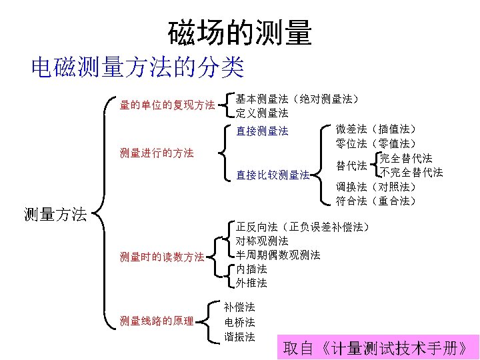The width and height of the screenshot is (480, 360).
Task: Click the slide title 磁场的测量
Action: [x=239, y=32]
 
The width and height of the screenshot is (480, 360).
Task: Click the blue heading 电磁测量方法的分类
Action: [x=137, y=67]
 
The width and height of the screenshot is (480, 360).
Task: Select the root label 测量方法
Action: [x=55, y=215]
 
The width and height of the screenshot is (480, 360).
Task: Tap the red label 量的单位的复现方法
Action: [x=167, y=105]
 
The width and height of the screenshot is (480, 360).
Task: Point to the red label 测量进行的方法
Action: [x=157, y=153]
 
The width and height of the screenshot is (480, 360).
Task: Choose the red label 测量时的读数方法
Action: [x=162, y=257]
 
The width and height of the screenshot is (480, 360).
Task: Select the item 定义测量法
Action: [x=262, y=113]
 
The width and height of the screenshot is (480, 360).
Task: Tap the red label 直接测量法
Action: [x=262, y=131]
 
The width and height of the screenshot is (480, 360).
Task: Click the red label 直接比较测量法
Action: [x=273, y=175]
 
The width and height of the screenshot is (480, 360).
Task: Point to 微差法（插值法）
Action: [x=376, y=129]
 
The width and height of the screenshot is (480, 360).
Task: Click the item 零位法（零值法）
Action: [x=376, y=143]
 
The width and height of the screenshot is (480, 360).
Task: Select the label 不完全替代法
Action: [x=411, y=172]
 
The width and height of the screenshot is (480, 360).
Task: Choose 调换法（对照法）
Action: [x=376, y=186]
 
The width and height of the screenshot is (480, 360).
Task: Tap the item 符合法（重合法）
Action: [x=376, y=201]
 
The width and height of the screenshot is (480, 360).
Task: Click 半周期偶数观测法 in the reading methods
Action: [x=278, y=255]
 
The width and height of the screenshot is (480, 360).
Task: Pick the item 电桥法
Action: [x=239, y=322]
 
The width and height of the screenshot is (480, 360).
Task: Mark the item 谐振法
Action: [x=239, y=336]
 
